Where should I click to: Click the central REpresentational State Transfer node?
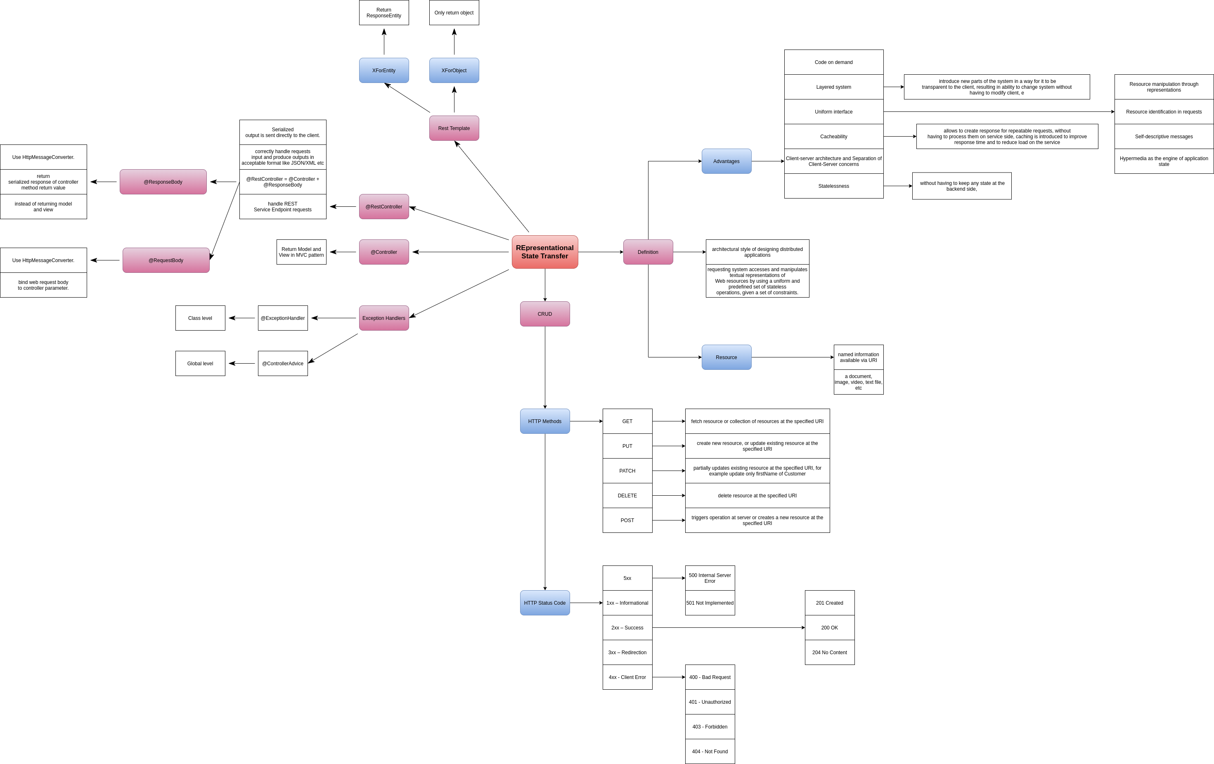pyautogui.click(x=544, y=252)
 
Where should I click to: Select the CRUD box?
pyautogui.click(x=544, y=314)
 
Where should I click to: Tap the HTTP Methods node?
pyautogui.click(x=544, y=421)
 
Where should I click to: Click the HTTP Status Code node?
pyautogui.click(x=544, y=603)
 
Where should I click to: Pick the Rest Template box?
pyautogui.click(x=454, y=128)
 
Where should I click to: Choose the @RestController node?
pyautogui.click(x=383, y=207)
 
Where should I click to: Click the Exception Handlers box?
pyautogui.click(x=383, y=318)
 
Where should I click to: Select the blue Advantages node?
pyautogui.click(x=726, y=161)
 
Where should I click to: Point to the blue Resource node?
pyautogui.click(x=726, y=357)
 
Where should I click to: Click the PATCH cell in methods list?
pyautogui.click(x=627, y=471)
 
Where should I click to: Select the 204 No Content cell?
pyautogui.click(x=829, y=653)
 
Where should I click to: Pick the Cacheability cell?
pyautogui.click(x=833, y=137)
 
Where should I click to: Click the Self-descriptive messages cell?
pyautogui.click(x=1164, y=137)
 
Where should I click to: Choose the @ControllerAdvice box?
pyautogui.click(x=282, y=363)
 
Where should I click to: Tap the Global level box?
pyautogui.click(x=200, y=363)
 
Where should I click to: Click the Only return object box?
pyautogui.click(x=454, y=13)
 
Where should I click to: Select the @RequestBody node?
pyautogui.click(x=166, y=260)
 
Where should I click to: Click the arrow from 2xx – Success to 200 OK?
pyautogui.click(x=729, y=627)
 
